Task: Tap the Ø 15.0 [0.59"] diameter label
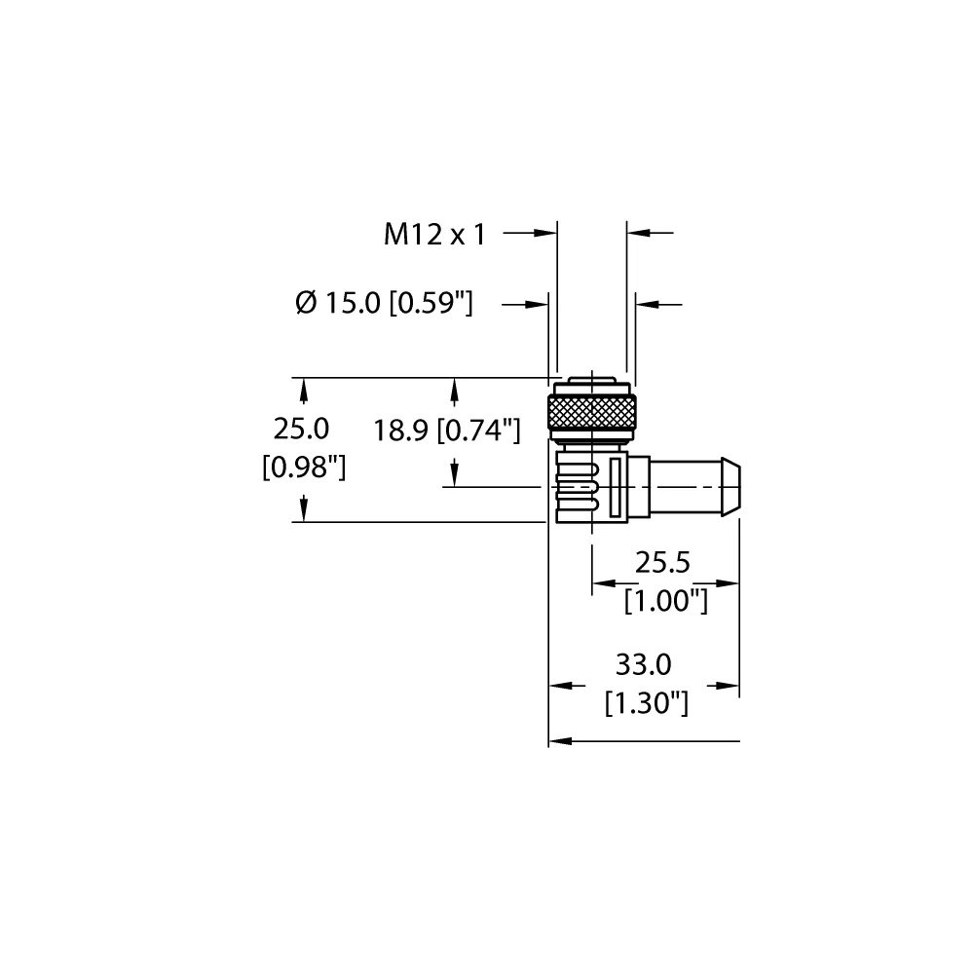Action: pyautogui.click(x=383, y=304)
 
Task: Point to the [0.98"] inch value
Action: pyautogui.click(x=304, y=468)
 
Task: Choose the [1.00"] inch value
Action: pyautogui.click(x=665, y=601)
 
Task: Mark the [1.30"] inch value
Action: pyautogui.click(x=646, y=702)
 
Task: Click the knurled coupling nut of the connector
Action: pyautogui.click(x=591, y=411)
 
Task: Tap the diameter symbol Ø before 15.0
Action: pyautogui.click(x=306, y=304)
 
